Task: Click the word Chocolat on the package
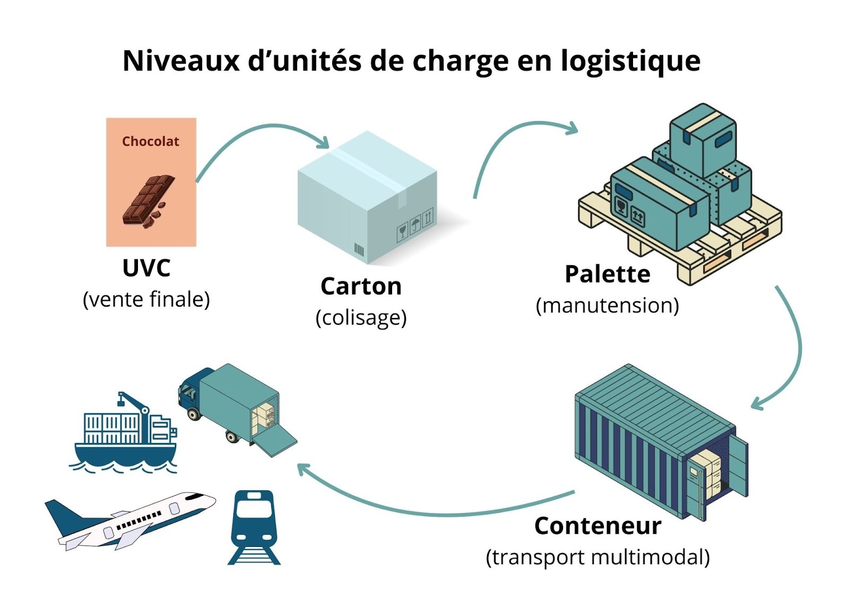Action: pos(151,141)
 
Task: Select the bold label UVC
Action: pos(146,268)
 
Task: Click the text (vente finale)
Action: pos(146,299)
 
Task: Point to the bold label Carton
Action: pos(361,286)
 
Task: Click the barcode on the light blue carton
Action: pos(359,250)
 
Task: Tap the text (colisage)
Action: pos(361,317)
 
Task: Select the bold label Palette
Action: pos(607,274)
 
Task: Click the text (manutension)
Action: pos(607,306)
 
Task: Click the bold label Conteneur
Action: pos(597,526)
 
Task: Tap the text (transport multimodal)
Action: pos(597,557)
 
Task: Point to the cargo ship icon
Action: pos(125,435)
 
